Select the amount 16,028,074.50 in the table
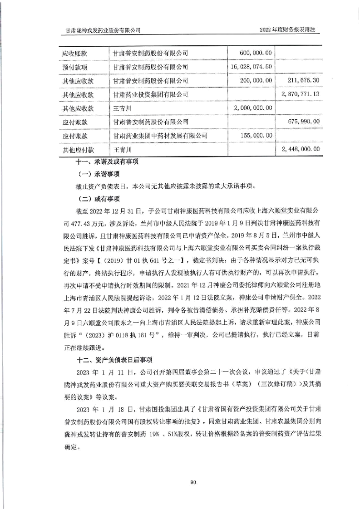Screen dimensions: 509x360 pos(252,67)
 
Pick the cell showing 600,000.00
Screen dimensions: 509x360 pos(255,54)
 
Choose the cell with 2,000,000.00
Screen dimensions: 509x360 pos(253,108)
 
